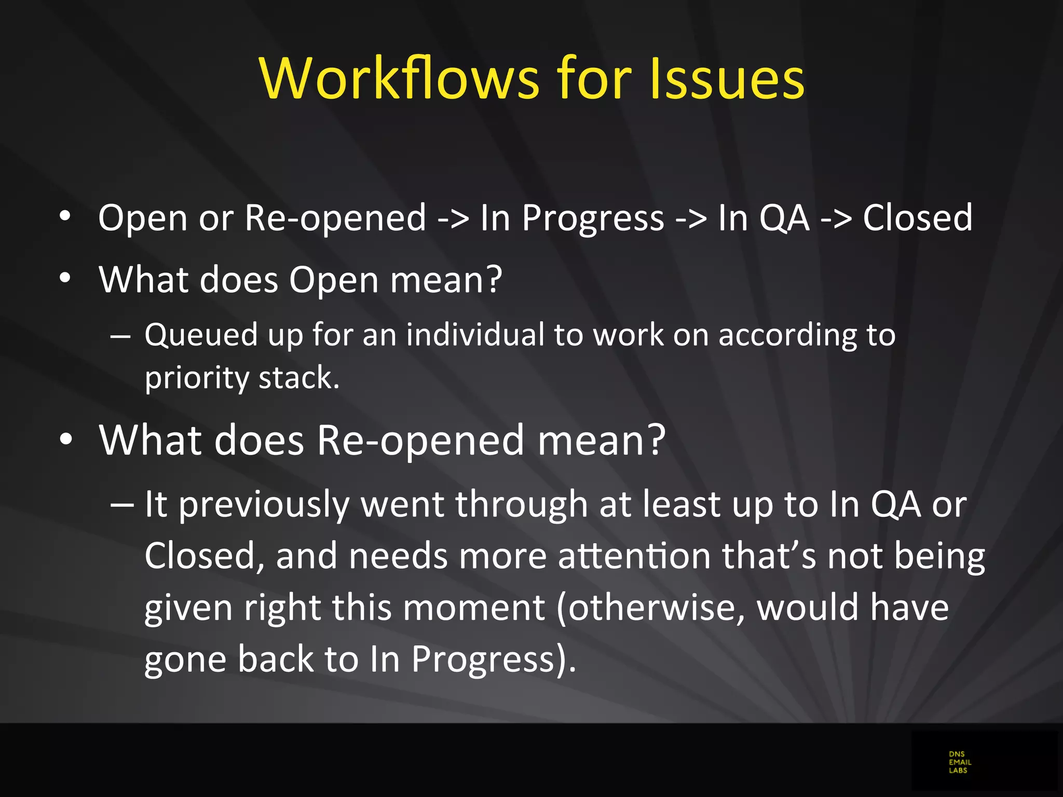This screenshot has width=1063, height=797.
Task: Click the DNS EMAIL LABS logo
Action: pos(960,762)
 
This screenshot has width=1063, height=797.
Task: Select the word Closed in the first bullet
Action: pos(918,217)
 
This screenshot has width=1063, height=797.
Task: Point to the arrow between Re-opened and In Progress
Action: pos(453,218)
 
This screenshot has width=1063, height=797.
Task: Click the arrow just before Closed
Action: pos(836,218)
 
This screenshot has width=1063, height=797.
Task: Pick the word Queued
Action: pos(201,335)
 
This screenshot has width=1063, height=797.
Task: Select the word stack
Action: pos(299,377)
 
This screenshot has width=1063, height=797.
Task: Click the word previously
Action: pos(264,505)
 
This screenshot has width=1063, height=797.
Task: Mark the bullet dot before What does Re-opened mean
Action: pos(65,439)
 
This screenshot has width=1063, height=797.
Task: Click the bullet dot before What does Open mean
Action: pos(65,279)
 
